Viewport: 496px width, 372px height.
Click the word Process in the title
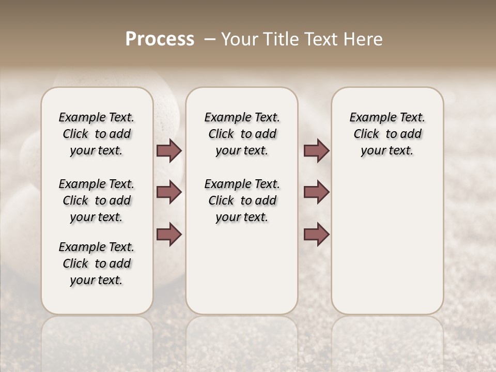click(x=160, y=39)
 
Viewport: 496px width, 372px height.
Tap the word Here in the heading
click(x=365, y=39)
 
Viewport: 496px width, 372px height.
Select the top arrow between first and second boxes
click(x=169, y=151)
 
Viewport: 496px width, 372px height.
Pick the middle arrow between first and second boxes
click(x=169, y=193)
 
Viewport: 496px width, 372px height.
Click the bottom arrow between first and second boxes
click(x=169, y=235)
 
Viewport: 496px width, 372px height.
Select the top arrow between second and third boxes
click(x=316, y=151)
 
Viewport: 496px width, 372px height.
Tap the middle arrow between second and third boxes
click(x=316, y=193)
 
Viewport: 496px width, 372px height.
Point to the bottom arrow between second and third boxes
click(x=316, y=235)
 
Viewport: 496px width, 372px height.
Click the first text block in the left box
click(x=97, y=134)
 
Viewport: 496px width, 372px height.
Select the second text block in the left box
click(x=97, y=200)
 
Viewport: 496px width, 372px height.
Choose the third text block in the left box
click(x=97, y=263)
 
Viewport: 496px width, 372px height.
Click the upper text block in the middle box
click(x=242, y=134)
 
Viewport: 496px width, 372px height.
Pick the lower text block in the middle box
click(x=242, y=200)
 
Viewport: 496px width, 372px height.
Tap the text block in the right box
click(x=387, y=134)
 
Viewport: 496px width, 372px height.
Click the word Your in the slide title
click(x=240, y=39)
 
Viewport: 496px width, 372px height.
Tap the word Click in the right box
click(x=366, y=134)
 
